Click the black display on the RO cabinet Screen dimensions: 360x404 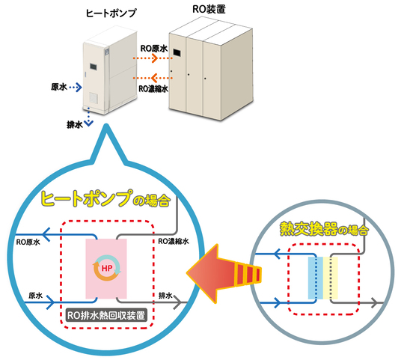click(177, 54)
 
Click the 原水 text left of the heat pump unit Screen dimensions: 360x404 click(60, 88)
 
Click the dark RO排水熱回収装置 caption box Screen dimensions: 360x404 click(106, 314)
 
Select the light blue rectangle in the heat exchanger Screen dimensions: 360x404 click(313, 278)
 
